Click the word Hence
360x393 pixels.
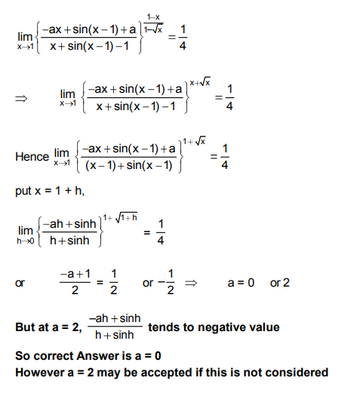coord(31,157)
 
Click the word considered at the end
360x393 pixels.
coord(300,372)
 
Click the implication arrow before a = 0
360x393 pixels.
coord(192,283)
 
